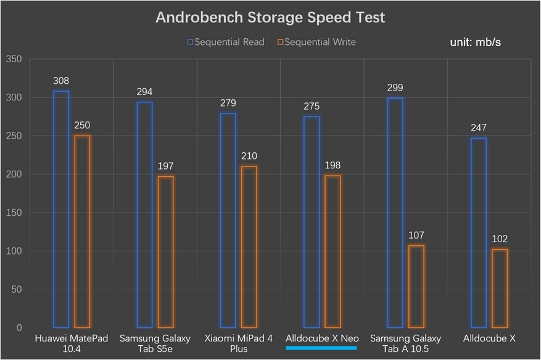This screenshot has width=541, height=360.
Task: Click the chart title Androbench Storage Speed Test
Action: [x=270, y=17]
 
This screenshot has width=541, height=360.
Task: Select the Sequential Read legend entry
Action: [x=226, y=42]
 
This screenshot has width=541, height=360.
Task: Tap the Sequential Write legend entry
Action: [x=316, y=42]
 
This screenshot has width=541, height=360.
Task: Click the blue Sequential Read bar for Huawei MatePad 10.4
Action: [x=61, y=210]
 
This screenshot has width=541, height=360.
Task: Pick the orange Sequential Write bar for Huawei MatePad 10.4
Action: [x=82, y=232]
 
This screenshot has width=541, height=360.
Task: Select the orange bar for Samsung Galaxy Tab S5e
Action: [x=166, y=252]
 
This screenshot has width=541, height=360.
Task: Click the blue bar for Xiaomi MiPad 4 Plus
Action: [x=228, y=221]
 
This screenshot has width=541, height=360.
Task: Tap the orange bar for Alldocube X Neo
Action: [x=332, y=252]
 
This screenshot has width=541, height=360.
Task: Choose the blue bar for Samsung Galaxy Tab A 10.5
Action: [x=395, y=213]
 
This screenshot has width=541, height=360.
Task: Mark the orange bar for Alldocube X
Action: [x=500, y=288]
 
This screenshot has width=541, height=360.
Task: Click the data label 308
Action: [x=61, y=81]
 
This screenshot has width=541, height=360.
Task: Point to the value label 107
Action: [x=416, y=235]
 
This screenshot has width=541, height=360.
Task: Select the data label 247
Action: [x=479, y=128]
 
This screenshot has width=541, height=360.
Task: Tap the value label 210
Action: [x=249, y=156]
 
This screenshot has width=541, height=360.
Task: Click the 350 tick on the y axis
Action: [x=14, y=59]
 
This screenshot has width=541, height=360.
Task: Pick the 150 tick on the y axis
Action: [x=14, y=213]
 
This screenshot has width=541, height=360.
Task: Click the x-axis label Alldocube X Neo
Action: [x=322, y=338]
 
